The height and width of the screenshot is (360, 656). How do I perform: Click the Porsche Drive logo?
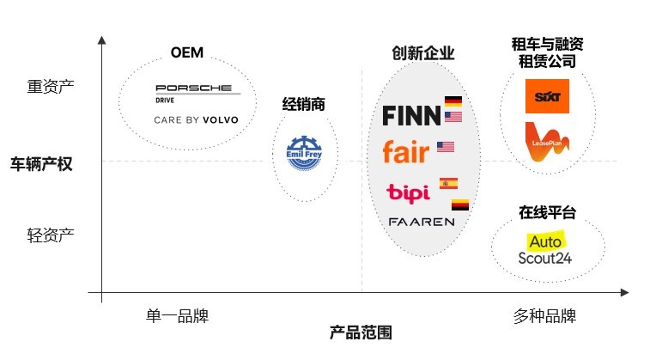(192, 92)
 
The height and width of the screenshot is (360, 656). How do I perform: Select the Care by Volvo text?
(196, 120)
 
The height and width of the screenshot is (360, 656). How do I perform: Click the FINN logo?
(411, 115)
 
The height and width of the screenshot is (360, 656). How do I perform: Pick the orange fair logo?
(405, 152)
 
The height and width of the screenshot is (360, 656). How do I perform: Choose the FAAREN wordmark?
(421, 221)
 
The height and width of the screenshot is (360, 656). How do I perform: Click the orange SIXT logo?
(547, 96)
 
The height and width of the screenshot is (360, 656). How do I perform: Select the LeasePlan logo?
(547, 141)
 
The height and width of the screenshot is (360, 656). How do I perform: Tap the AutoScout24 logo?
(545, 247)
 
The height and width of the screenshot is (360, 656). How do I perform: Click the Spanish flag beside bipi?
(449, 183)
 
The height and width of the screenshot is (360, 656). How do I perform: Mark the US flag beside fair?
(445, 147)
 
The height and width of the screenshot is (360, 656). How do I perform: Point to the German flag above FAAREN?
(461, 205)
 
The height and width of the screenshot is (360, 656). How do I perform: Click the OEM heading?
(187, 53)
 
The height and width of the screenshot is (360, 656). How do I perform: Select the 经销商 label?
(304, 105)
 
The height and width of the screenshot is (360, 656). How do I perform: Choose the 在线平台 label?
(546, 212)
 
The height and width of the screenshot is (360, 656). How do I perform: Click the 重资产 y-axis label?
(51, 87)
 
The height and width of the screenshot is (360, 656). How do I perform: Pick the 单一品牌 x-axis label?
(178, 315)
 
